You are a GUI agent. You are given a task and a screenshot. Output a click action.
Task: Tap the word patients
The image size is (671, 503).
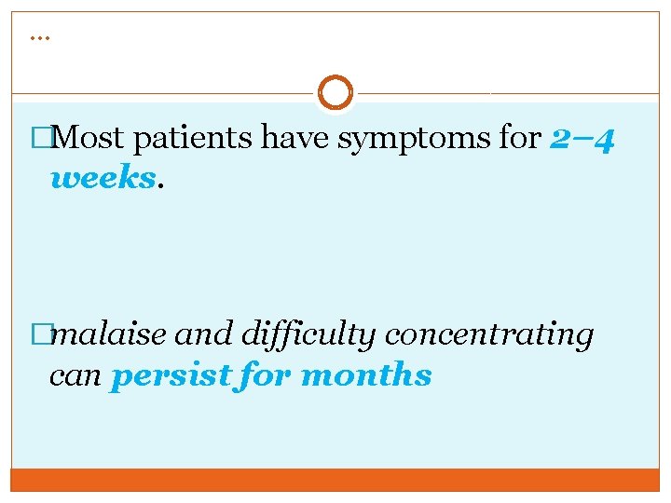pyautogui.click(x=194, y=139)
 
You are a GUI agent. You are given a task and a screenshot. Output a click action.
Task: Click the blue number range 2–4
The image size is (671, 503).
pyautogui.click(x=582, y=139)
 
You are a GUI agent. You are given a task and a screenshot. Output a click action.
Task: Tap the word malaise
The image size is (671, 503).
pyautogui.click(x=110, y=334)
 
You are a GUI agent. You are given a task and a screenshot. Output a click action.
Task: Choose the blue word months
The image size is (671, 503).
pyautogui.click(x=366, y=375)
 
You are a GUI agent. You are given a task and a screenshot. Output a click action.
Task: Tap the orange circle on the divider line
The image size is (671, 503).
pyautogui.click(x=335, y=92)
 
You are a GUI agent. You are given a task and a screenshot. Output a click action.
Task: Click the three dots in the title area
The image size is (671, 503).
pyautogui.click(x=39, y=37)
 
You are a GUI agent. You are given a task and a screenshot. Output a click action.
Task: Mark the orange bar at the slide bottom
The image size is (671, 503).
pyautogui.click(x=335, y=479)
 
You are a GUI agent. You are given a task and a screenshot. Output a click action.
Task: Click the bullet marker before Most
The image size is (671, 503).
pyautogui.click(x=40, y=139)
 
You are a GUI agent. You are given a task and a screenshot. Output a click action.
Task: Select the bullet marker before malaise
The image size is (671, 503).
pyautogui.click(x=40, y=334)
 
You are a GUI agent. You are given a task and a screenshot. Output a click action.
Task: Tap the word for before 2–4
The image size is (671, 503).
pyautogui.click(x=521, y=139)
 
